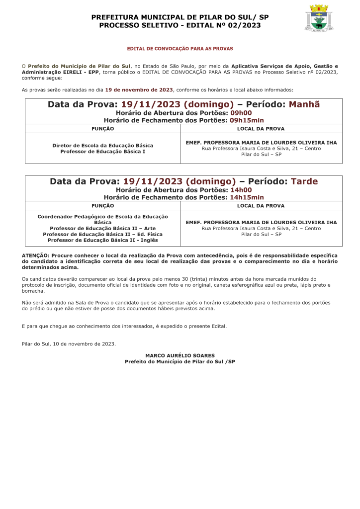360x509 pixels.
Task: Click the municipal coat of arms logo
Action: point(319,18)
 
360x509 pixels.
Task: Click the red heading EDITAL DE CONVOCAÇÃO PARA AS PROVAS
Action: point(180,49)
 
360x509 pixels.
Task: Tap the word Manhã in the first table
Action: point(304,104)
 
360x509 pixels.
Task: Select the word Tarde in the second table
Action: point(304,181)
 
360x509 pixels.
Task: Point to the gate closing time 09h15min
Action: point(247,120)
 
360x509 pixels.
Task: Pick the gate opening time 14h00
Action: point(241,190)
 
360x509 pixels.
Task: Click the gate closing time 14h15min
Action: point(247,197)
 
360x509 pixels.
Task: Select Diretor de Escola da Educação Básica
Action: point(102,145)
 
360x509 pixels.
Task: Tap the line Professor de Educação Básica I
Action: point(102,151)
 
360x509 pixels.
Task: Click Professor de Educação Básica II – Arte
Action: point(102,228)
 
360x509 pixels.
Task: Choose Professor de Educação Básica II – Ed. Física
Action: point(102,234)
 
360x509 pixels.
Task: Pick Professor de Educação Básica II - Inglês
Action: point(102,240)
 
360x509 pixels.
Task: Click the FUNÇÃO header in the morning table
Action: point(102,129)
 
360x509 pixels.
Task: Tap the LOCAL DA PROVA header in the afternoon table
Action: point(261,205)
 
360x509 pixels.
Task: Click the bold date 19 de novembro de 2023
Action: point(139,90)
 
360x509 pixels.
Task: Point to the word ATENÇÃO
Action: point(35,255)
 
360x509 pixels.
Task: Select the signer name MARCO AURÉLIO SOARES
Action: point(180,355)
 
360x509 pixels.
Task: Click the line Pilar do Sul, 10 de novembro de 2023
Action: point(69,343)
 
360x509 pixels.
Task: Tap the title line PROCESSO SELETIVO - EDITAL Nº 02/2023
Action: point(180,25)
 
